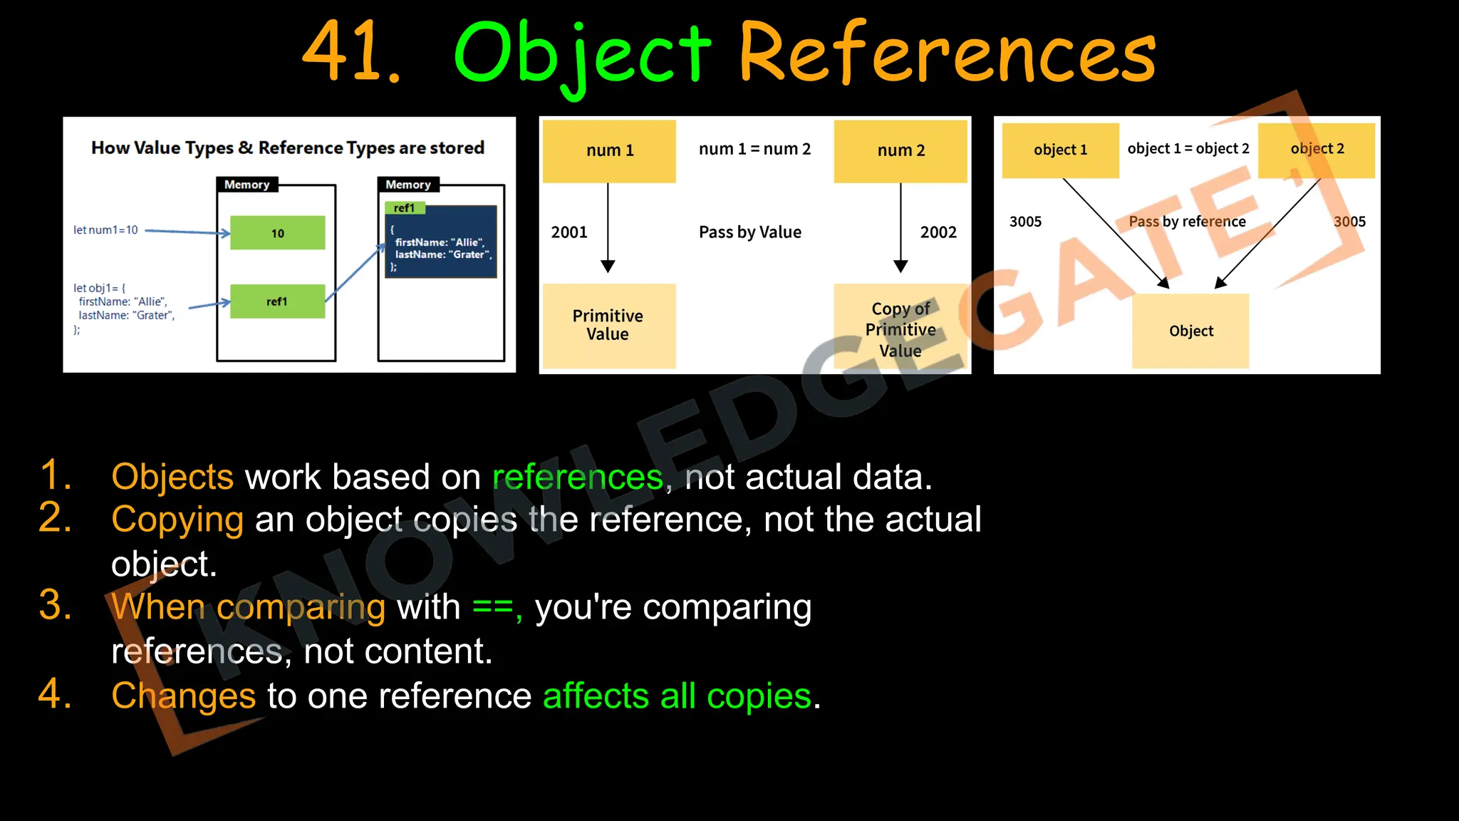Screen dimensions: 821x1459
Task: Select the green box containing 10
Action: click(x=278, y=232)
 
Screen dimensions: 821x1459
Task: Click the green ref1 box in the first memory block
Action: click(x=277, y=301)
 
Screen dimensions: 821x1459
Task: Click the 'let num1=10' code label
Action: click(x=105, y=229)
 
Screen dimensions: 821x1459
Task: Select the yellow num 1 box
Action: click(x=609, y=150)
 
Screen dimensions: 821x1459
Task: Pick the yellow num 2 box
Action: click(x=900, y=150)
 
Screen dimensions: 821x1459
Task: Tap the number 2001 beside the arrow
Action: click(x=569, y=232)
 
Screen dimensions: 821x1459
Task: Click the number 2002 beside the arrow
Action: click(x=938, y=232)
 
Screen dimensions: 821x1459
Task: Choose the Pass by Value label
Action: click(x=749, y=232)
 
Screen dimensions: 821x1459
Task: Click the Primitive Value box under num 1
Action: click(x=608, y=326)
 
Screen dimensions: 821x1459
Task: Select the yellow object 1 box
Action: click(x=1060, y=150)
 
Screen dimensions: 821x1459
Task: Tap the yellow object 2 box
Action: click(x=1317, y=149)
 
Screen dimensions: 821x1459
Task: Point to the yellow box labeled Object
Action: click(x=1190, y=331)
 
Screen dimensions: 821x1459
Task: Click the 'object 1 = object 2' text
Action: click(x=1188, y=148)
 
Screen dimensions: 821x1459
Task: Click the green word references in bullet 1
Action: click(x=578, y=477)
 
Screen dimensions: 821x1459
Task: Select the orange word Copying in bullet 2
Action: click(x=177, y=520)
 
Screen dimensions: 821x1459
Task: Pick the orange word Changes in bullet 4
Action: click(x=183, y=696)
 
